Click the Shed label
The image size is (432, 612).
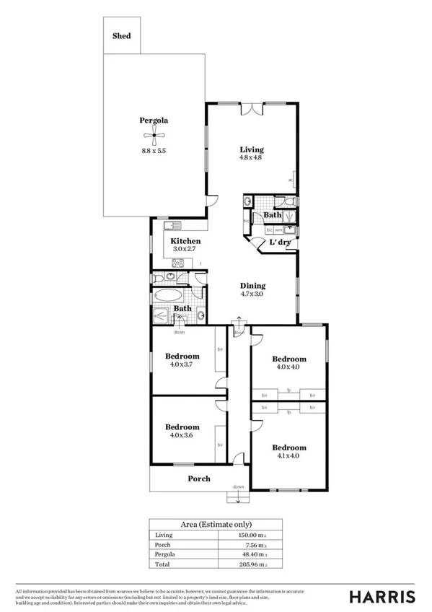(x=121, y=35)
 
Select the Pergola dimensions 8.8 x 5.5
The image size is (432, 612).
(x=154, y=150)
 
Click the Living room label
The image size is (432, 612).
(x=252, y=150)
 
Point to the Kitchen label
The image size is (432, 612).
(x=185, y=241)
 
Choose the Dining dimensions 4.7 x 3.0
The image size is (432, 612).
(x=252, y=294)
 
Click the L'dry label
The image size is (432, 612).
(x=280, y=242)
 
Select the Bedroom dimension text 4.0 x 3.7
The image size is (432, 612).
(x=182, y=364)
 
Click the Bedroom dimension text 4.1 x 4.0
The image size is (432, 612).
(x=288, y=455)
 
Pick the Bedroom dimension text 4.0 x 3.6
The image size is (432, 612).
(x=182, y=435)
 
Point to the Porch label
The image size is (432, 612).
(x=199, y=478)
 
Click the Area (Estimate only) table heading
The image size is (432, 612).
(x=215, y=524)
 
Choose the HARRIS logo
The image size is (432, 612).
(x=382, y=596)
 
